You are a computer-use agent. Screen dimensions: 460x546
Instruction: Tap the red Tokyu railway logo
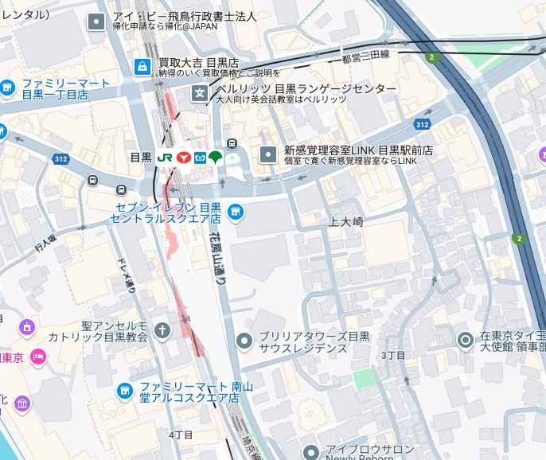(184, 158)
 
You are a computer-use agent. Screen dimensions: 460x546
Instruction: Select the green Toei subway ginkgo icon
(216, 158)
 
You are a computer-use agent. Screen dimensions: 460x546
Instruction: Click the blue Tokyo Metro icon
(200, 158)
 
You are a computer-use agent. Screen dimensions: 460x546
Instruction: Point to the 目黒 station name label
(141, 158)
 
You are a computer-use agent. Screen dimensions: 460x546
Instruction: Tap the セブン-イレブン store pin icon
(234, 211)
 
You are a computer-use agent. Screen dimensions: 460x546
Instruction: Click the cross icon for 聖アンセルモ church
(162, 329)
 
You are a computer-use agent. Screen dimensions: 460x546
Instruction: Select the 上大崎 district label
(345, 223)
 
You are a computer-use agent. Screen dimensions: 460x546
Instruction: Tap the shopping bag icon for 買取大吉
(142, 66)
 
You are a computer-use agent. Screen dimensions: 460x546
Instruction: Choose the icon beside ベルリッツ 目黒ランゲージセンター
(199, 94)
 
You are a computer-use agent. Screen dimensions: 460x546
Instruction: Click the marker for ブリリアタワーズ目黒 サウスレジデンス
(244, 341)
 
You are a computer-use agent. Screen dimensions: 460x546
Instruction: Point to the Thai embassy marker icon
(465, 340)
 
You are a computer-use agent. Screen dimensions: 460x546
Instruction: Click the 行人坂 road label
(46, 243)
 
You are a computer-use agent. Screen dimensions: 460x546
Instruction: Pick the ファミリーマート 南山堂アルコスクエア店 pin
(124, 390)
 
